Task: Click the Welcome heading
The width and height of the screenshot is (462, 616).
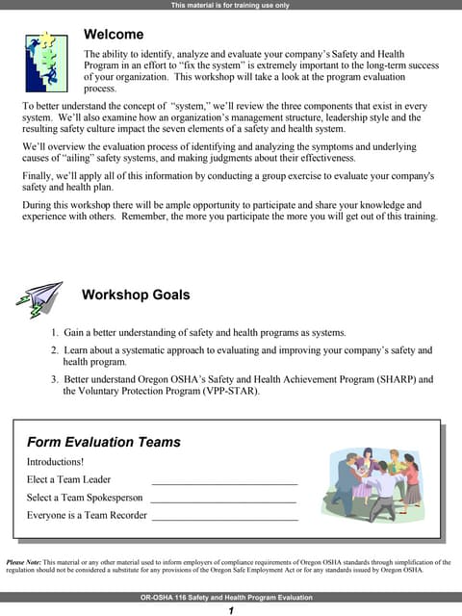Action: tap(114, 35)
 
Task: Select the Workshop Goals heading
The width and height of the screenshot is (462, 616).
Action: tap(136, 295)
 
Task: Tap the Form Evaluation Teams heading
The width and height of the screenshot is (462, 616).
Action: tap(103, 443)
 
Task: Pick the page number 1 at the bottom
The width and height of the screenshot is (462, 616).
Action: tap(231, 610)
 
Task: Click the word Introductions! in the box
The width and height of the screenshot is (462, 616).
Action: tap(56, 461)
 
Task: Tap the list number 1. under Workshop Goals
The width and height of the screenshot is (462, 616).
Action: tap(55, 332)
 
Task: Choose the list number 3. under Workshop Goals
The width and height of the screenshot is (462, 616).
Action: tap(55, 379)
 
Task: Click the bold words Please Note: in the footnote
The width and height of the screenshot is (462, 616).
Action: tap(24, 562)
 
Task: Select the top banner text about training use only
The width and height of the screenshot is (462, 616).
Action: tap(231, 5)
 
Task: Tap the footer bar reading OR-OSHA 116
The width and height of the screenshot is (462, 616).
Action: tap(231, 598)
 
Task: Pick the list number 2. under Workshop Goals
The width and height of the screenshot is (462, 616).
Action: tap(55, 350)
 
